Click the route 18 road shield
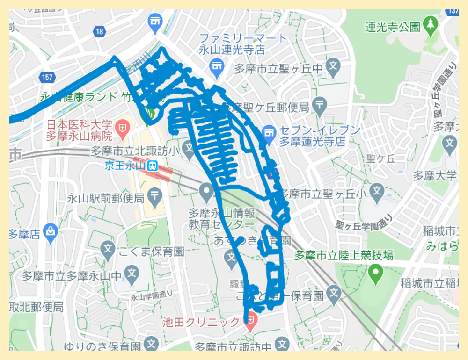(99, 32)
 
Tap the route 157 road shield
(47, 77)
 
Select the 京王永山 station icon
(152, 166)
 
